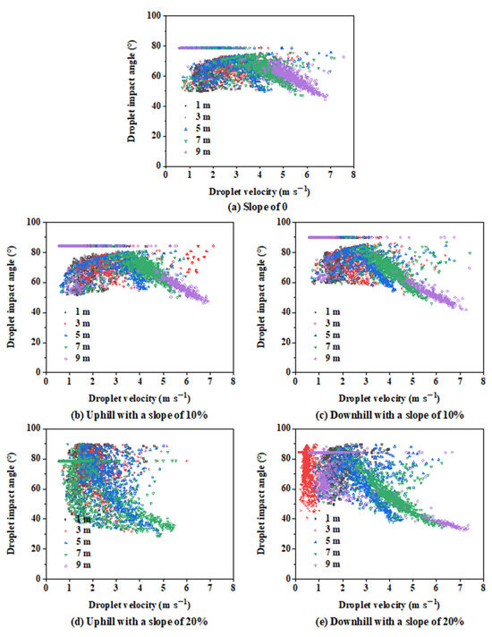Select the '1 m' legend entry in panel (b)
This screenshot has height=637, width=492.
pyautogui.click(x=86, y=311)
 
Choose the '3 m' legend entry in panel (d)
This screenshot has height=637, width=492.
pyautogui.click(x=86, y=531)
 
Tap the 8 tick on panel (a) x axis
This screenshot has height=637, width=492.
pyautogui.click(x=354, y=176)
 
